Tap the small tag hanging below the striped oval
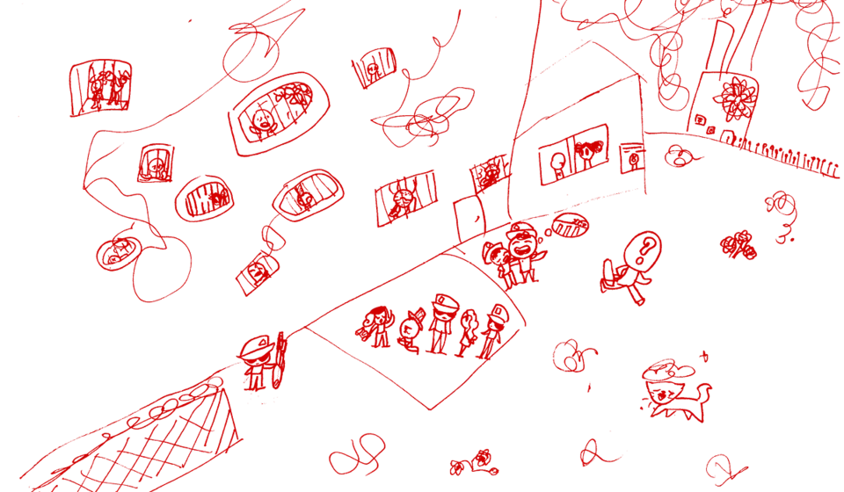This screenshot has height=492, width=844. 255,272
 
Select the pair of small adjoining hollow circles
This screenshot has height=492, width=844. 356,452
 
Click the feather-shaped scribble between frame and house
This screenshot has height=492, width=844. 426,119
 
